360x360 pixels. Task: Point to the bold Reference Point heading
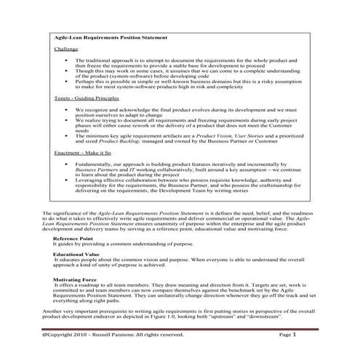point(73,239)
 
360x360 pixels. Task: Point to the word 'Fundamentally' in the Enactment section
point(93,165)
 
